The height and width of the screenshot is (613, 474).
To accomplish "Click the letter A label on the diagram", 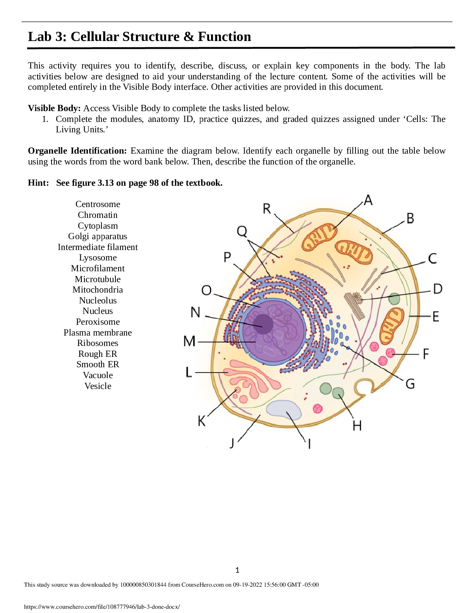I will (368, 200).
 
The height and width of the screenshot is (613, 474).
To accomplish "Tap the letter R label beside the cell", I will (267, 209).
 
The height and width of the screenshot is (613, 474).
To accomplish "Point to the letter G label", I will (410, 384).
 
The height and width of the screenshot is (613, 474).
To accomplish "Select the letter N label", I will (196, 312).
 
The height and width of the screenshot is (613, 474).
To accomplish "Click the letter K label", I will (201, 421).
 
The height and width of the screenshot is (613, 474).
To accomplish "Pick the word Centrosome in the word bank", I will (98, 204).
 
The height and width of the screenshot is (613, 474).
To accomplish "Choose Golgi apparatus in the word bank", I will (98, 236).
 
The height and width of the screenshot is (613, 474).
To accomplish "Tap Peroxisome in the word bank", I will (98, 322).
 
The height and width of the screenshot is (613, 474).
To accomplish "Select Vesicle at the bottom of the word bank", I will (98, 386).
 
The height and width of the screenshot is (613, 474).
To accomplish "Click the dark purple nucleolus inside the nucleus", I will (263, 324).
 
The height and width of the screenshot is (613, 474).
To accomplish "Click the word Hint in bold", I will (38, 183).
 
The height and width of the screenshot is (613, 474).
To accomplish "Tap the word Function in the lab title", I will (224, 36).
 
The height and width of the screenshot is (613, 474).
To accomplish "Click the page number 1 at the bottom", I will (237, 570).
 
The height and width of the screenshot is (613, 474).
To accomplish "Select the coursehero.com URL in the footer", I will (102, 607).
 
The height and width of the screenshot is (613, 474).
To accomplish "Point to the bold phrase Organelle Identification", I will (77, 151).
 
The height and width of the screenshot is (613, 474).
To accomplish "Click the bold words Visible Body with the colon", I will (54, 108).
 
